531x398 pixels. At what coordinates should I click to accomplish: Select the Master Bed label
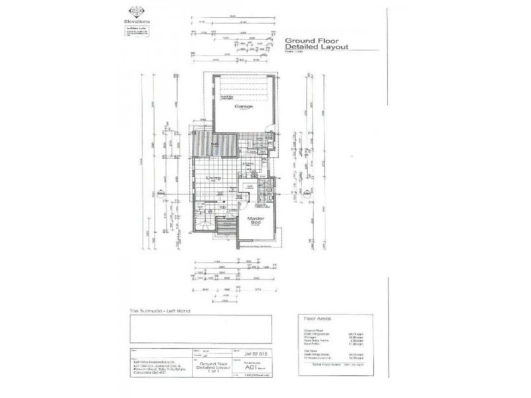point(256,221)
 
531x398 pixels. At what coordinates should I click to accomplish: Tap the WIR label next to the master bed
point(250,188)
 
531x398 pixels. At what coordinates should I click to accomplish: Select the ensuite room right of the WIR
point(265,191)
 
